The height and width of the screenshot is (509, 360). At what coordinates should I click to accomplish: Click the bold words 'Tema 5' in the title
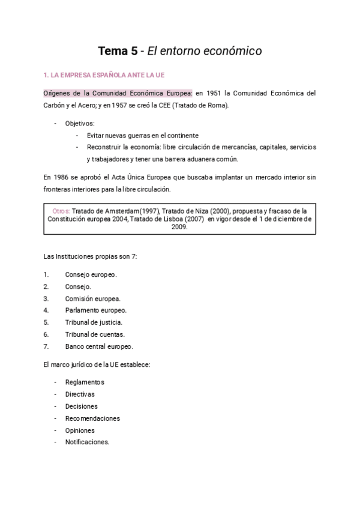click(x=117, y=52)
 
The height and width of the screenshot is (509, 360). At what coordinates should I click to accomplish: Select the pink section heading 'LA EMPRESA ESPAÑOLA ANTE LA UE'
click(x=108, y=75)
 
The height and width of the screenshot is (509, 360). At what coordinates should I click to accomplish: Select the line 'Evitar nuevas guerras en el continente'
click(x=142, y=135)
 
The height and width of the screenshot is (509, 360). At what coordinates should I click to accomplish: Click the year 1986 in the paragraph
click(x=60, y=177)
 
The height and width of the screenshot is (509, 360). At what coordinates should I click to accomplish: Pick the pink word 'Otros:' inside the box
click(x=61, y=211)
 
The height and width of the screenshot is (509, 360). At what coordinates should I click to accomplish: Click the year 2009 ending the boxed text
click(x=179, y=227)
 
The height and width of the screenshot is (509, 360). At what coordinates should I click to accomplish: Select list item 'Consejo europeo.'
click(x=91, y=274)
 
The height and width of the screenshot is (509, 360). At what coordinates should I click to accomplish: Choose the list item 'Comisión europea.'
click(x=92, y=298)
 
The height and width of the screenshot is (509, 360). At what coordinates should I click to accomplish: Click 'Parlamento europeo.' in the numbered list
click(x=95, y=310)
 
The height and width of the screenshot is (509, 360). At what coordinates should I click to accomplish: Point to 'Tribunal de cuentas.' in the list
click(x=95, y=334)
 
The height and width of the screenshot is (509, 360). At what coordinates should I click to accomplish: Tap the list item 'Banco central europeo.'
click(x=99, y=346)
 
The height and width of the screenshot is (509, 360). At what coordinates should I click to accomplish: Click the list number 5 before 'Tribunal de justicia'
click(x=46, y=322)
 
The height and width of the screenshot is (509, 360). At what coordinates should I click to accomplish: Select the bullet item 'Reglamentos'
click(x=85, y=382)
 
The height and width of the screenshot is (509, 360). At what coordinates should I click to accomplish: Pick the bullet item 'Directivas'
click(x=80, y=394)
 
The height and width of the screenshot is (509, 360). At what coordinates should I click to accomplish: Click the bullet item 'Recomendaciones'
click(x=92, y=418)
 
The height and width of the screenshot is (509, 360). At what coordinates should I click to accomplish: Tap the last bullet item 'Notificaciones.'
click(x=87, y=442)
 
